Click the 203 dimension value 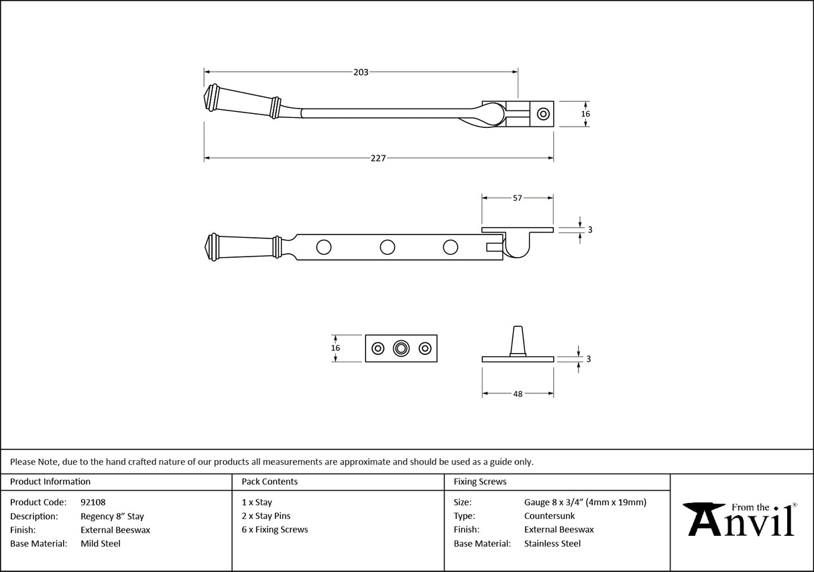pos(361,72)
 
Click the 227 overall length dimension pos(379,159)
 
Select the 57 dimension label pos(517,198)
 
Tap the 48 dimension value pos(518,395)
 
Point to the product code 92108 pos(93,502)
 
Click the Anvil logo pos(741,520)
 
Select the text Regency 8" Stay pos(112,516)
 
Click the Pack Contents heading pos(270,482)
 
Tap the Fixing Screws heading pos(480,482)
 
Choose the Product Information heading pos(50,482)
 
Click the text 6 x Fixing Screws pos(275,530)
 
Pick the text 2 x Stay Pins pos(266,516)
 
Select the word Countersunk pos(549,516)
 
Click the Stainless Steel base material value pos(553,544)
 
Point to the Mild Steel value pos(101,544)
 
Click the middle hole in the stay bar pos(387,247)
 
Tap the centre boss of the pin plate pos(401,348)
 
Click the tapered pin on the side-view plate pos(518,340)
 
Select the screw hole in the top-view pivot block pos(543,114)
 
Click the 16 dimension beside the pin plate pos(336,348)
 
